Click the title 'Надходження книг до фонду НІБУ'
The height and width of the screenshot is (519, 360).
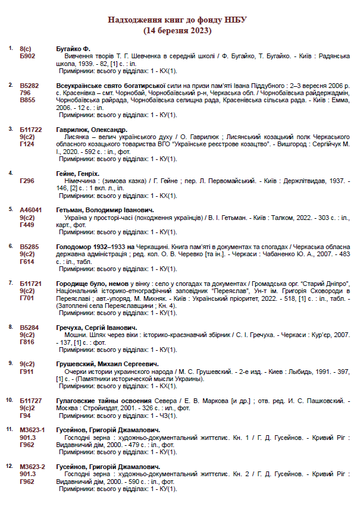point(177,20)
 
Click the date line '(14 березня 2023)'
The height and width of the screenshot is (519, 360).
point(177,30)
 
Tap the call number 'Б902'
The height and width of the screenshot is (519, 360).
point(27,55)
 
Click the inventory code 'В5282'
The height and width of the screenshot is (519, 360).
point(29,86)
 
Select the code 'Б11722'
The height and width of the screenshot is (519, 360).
point(31,130)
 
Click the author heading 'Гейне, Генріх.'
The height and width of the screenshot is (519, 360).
point(78,174)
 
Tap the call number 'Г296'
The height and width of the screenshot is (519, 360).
point(27,181)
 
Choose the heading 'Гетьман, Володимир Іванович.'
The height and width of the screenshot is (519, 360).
point(105,210)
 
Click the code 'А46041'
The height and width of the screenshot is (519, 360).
point(31,210)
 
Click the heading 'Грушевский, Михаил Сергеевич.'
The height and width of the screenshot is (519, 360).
point(107,364)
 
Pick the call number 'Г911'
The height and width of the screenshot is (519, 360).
point(27,371)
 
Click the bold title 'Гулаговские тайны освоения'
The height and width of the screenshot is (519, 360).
point(105,401)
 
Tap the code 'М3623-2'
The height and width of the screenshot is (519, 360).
point(32,467)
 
